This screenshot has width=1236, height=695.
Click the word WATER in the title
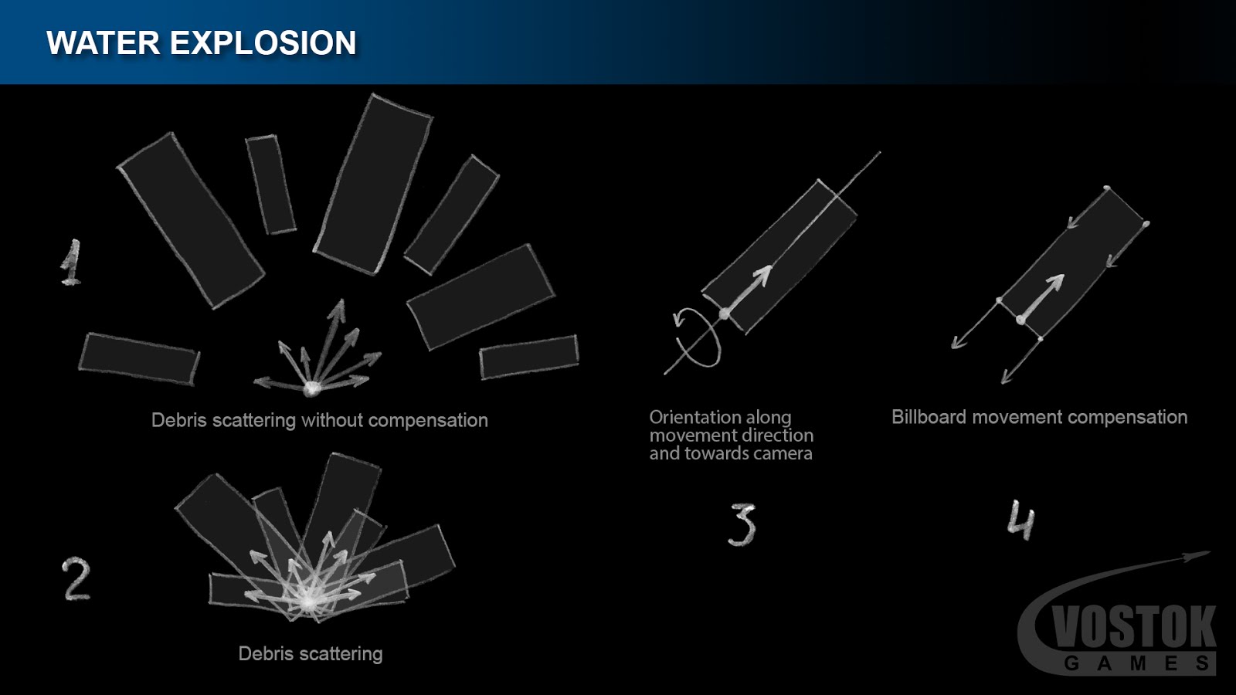(x=104, y=43)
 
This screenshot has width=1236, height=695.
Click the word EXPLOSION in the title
(x=263, y=43)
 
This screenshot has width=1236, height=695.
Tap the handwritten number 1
(x=70, y=263)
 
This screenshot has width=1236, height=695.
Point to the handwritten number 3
(x=742, y=524)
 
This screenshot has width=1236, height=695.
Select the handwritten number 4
(x=1020, y=520)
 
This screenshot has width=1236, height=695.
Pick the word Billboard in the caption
(x=929, y=417)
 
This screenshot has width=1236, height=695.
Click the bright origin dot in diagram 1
(x=312, y=388)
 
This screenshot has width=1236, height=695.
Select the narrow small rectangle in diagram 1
(x=271, y=185)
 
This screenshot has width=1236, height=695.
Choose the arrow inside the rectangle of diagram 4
(x=1041, y=298)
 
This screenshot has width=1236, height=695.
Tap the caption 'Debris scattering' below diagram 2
(x=311, y=653)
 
